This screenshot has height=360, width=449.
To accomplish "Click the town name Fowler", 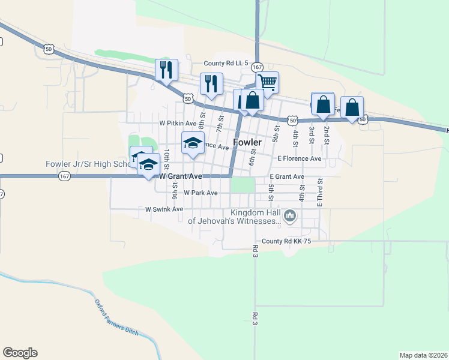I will (247, 143).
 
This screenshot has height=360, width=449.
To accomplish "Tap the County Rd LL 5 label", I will (226, 63).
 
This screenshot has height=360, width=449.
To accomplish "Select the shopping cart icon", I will (268, 81).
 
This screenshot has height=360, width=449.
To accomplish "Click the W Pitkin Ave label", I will (178, 122).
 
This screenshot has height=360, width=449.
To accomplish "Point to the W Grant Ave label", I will (181, 176).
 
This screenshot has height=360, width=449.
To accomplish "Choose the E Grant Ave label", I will (287, 177).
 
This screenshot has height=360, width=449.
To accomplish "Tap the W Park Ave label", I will (200, 193).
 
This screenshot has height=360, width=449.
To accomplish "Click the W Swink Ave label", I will (164, 209).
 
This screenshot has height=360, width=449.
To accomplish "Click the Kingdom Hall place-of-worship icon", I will (290, 215).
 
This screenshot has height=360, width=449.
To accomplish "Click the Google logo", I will (20, 353).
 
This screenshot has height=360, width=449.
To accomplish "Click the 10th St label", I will (167, 158).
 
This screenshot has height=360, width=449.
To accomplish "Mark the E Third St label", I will (320, 193).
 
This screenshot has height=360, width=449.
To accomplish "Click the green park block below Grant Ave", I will (243, 185).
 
